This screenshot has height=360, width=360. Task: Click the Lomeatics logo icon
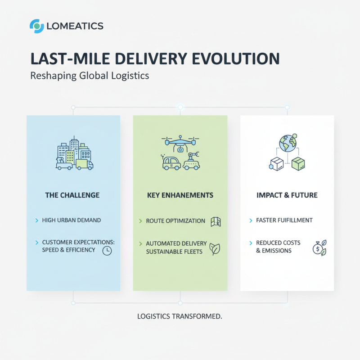coord(36,26)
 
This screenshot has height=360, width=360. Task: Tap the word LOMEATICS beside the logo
coord(75,27)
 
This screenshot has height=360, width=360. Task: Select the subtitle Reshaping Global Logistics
coord(89,76)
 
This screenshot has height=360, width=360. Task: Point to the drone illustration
coord(180,143)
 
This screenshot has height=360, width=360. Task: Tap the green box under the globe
coord(298,164)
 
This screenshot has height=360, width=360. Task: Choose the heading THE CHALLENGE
coord(72,195)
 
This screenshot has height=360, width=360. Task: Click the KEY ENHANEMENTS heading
coord(180,195)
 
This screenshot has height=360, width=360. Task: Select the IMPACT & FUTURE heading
coord(287,195)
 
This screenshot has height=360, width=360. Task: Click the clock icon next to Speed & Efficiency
coord(107,251)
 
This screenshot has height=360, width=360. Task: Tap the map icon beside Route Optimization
coord(216,221)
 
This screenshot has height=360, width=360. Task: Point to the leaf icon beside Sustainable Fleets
coord(216,249)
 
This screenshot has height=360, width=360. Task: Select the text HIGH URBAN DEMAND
coord(71,220)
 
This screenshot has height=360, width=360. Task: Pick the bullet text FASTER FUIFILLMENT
coord(284,220)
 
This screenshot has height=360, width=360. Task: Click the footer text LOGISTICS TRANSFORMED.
coord(180,316)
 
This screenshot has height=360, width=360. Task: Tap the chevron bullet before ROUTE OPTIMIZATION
coord(140,221)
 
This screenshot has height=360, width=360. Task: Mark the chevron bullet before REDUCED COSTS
coord(251,243)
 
